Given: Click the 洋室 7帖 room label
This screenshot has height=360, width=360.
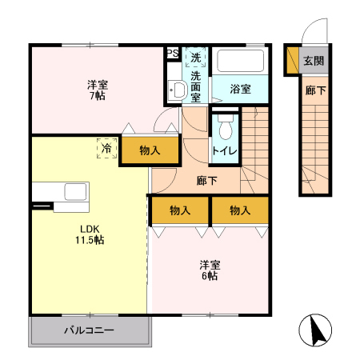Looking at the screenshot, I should (x=97, y=90).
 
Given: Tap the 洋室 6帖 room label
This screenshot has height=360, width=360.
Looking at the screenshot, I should (x=210, y=270).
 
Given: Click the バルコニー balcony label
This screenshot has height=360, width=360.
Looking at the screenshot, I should (x=89, y=330).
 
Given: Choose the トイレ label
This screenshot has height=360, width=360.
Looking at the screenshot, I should (x=224, y=150).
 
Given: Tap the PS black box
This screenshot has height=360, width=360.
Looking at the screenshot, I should (x=172, y=54).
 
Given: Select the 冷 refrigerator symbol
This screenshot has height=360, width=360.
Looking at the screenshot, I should (x=105, y=148).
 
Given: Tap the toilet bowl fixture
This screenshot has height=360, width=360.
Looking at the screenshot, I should (x=225, y=127).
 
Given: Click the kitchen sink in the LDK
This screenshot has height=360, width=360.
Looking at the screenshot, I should (x=75, y=192).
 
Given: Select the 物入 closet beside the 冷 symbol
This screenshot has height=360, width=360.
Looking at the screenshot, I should (x=149, y=150).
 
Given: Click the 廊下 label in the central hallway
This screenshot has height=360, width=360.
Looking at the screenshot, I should (x=206, y=180).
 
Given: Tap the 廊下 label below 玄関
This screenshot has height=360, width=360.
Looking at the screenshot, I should (x=314, y=90).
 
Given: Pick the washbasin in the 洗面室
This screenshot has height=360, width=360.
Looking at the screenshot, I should (x=174, y=89).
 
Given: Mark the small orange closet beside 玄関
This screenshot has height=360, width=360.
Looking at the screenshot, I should (x=292, y=60).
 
